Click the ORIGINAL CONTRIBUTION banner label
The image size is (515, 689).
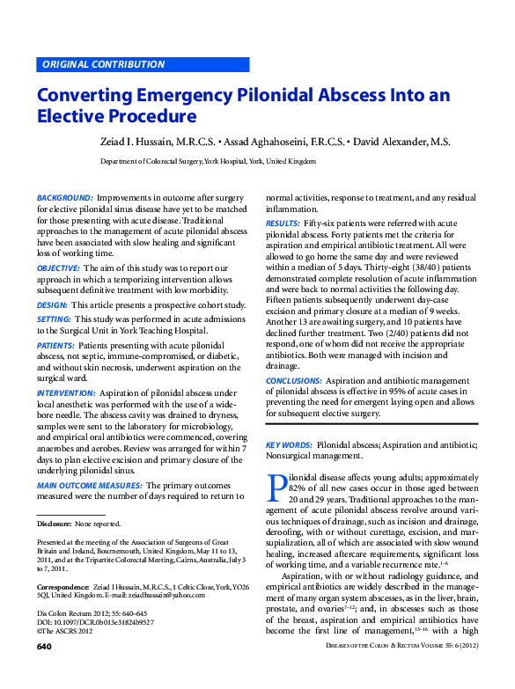click(103, 64)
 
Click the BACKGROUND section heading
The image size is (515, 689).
click(65, 199)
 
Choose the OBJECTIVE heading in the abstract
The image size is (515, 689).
click(59, 267)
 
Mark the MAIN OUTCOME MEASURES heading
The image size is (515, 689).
click(89, 485)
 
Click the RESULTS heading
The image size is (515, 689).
click(283, 224)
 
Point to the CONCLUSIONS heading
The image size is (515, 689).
click(295, 379)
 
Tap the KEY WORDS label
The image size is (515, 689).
click(289, 446)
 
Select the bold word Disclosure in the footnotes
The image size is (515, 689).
click(54, 524)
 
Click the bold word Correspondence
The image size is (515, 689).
click(62, 585)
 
